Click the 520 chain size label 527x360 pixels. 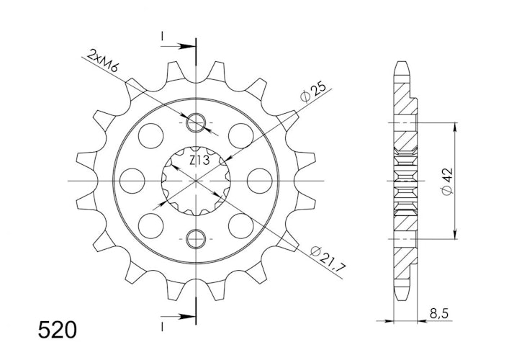pos(57,330)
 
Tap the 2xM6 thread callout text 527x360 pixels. pos(103,61)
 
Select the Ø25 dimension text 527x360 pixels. pos(313,91)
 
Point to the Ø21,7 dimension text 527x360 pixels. pos(328,258)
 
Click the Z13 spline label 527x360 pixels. pos(199,161)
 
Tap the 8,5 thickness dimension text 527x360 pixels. pos(438,314)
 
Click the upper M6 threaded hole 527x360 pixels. pos(196,122)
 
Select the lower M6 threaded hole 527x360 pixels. pos(196,239)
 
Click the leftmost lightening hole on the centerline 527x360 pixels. pos(132,181)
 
